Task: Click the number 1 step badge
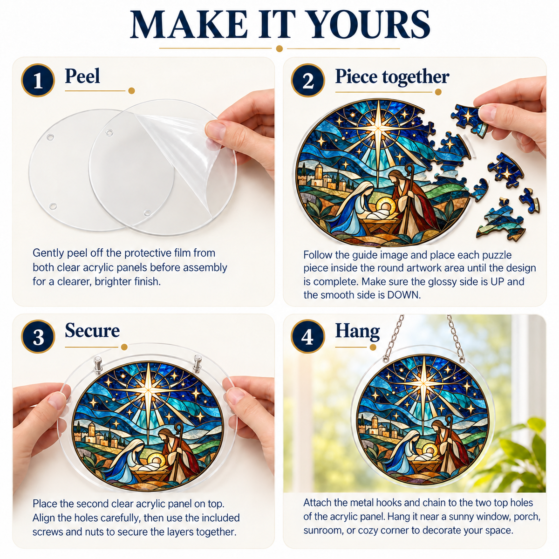[38, 80]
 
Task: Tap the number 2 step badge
[308, 80]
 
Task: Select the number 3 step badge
[38, 336]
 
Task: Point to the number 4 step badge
[308, 336]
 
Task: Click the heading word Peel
[82, 76]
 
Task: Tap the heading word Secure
[92, 330]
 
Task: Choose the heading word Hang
[357, 332]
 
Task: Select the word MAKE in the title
[189, 24]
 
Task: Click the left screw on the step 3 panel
[98, 364]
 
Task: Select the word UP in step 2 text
[498, 282]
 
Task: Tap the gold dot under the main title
[279, 48]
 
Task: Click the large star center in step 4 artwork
[424, 383]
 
